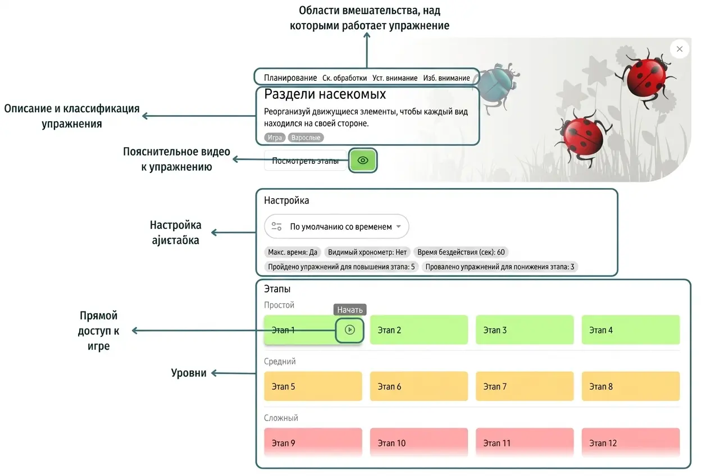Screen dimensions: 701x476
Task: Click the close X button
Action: (x=680, y=49)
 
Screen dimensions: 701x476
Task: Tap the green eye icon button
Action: (x=363, y=161)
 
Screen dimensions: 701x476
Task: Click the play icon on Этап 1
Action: (x=349, y=330)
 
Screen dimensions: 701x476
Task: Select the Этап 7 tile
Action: (x=525, y=386)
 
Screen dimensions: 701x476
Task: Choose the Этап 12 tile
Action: (x=631, y=442)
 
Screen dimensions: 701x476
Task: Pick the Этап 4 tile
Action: (x=631, y=329)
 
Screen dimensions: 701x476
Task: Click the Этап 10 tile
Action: (x=418, y=442)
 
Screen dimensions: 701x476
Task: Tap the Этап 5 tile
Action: (x=313, y=386)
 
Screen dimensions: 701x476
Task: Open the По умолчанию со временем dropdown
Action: (x=336, y=226)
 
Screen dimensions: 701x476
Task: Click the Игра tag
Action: (x=275, y=138)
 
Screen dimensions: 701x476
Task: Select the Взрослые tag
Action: (x=306, y=138)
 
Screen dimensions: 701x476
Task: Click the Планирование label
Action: (x=290, y=78)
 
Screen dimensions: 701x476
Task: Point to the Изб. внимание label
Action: (x=446, y=78)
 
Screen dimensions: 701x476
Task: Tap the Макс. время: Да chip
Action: (x=293, y=252)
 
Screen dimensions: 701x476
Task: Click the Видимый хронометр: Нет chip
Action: (x=367, y=252)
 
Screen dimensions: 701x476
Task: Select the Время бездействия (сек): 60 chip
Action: (x=461, y=252)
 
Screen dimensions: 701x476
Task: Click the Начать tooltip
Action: (x=350, y=310)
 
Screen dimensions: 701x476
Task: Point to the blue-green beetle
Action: (x=498, y=86)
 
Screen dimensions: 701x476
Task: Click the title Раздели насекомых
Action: (x=325, y=94)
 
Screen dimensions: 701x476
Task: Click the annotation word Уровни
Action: (x=189, y=373)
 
